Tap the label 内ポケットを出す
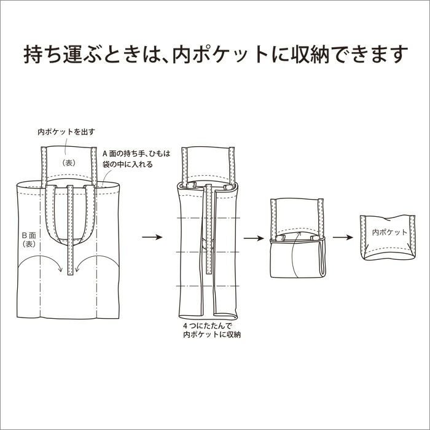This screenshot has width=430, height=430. point(66,132)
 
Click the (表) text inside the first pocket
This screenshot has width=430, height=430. point(69,163)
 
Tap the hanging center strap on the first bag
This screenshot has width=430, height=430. point(71,230)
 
